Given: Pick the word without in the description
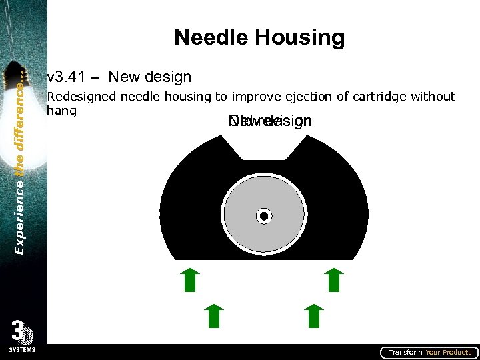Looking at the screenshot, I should click(x=433, y=97).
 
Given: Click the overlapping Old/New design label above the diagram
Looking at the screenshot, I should click(x=269, y=121).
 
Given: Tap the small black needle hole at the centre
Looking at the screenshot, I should click(x=264, y=216).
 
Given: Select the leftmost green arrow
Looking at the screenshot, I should click(x=190, y=280).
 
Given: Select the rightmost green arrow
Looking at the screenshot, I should click(x=333, y=280).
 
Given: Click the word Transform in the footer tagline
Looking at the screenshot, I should click(x=405, y=353).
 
